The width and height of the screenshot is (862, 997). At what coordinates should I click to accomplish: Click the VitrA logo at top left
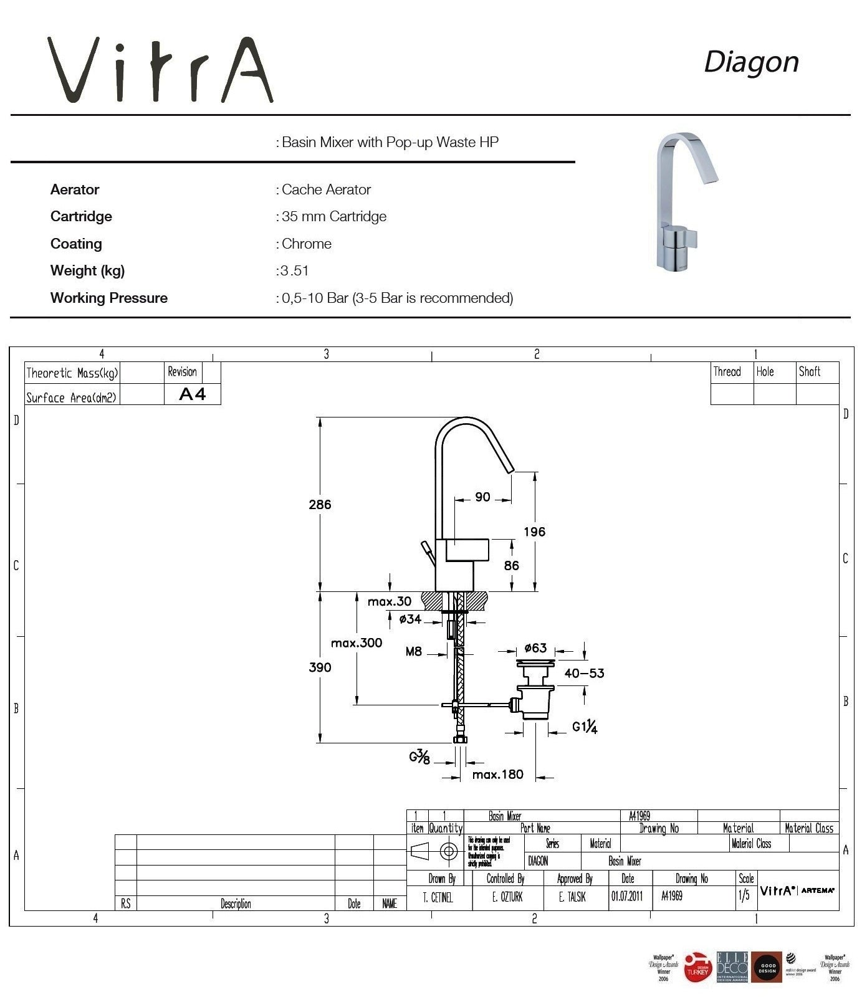pyautogui.click(x=160, y=70)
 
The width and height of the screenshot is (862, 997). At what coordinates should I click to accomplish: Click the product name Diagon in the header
pyautogui.click(x=751, y=62)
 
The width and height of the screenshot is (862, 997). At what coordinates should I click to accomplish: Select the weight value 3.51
pyautogui.click(x=295, y=271)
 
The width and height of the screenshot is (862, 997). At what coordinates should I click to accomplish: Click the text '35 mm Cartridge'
pyautogui.click(x=333, y=217)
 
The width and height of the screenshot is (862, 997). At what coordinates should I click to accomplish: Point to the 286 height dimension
pyautogui.click(x=320, y=505)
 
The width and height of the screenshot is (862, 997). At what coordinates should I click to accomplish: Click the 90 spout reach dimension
pyautogui.click(x=482, y=497)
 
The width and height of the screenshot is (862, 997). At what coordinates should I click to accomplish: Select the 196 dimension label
pyautogui.click(x=534, y=532)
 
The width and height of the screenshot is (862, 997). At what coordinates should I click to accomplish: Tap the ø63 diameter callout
pyautogui.click(x=535, y=648)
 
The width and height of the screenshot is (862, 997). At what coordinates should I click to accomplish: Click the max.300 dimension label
pyautogui.click(x=357, y=643)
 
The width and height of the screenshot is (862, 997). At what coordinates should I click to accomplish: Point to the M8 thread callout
pyautogui.click(x=414, y=652)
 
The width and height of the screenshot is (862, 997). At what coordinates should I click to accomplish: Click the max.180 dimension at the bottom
pyautogui.click(x=497, y=775)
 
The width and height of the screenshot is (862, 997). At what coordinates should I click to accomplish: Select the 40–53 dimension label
pyautogui.click(x=584, y=673)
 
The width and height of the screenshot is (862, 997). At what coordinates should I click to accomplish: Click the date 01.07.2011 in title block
pyautogui.click(x=627, y=897)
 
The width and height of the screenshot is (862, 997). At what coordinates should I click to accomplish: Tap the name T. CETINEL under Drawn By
pyautogui.click(x=438, y=897)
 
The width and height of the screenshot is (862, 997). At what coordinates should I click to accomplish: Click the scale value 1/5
pyautogui.click(x=744, y=895)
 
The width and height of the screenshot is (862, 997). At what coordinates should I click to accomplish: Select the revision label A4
pyautogui.click(x=192, y=394)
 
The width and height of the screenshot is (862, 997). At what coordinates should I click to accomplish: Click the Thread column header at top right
pyautogui.click(x=727, y=372)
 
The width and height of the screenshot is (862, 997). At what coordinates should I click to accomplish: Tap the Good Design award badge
pyautogui.click(x=767, y=967)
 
